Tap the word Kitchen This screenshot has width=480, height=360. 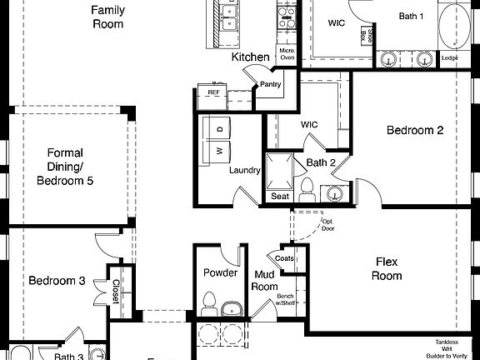250,57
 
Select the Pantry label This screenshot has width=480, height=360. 270,84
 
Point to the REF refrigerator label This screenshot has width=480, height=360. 213,92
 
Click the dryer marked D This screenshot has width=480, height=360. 219,129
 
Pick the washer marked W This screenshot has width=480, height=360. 219,151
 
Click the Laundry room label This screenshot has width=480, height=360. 245,170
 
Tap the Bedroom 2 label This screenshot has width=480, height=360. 414,130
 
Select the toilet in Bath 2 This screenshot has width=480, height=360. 306,188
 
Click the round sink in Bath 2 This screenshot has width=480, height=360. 334,193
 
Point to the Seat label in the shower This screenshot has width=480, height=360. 279,197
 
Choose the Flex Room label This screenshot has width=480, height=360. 387,268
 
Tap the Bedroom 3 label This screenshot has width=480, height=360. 57,281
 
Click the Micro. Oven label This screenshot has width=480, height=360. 287,54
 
